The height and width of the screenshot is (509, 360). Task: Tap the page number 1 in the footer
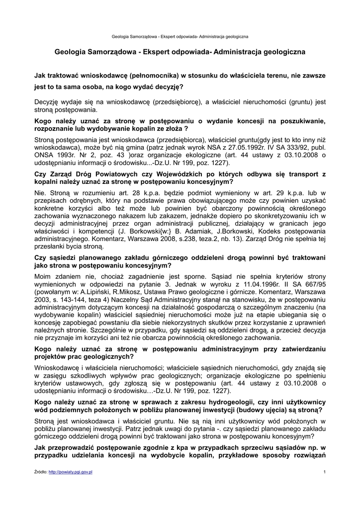pyautogui.click(x=324, y=471)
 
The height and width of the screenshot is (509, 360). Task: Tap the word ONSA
pyautogui.click(x=46, y=155)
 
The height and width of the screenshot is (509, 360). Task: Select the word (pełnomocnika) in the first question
pyautogui.click(x=151, y=76)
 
